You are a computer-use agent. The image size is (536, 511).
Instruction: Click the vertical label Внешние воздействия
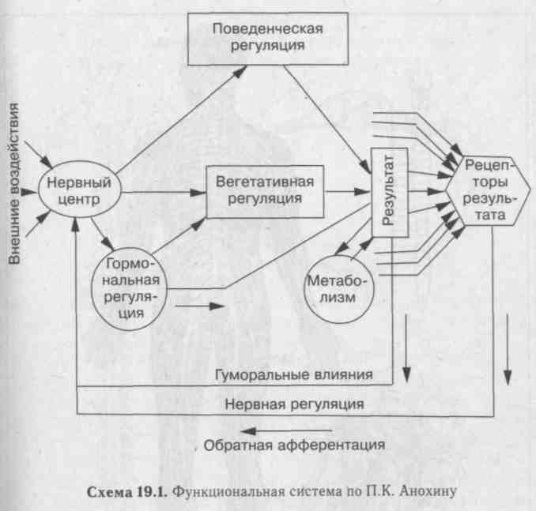click(x=13, y=183)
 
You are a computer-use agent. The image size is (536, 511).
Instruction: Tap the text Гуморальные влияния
click(x=293, y=374)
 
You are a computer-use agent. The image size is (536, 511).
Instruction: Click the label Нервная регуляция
click(x=294, y=404)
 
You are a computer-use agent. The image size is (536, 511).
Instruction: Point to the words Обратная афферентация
click(x=294, y=445)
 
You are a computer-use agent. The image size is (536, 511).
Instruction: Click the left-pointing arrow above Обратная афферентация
click(x=286, y=431)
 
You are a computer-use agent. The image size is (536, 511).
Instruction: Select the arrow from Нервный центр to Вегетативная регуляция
click(x=164, y=193)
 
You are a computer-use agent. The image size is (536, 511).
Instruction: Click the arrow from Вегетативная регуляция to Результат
click(x=347, y=192)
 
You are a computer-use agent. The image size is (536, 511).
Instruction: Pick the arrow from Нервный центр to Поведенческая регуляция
click(x=181, y=119)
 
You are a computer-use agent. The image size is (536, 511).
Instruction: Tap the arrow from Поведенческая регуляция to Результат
click(x=327, y=119)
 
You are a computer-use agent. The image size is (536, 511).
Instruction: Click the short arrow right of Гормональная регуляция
click(x=200, y=306)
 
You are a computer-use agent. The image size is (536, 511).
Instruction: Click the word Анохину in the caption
click(x=428, y=491)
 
